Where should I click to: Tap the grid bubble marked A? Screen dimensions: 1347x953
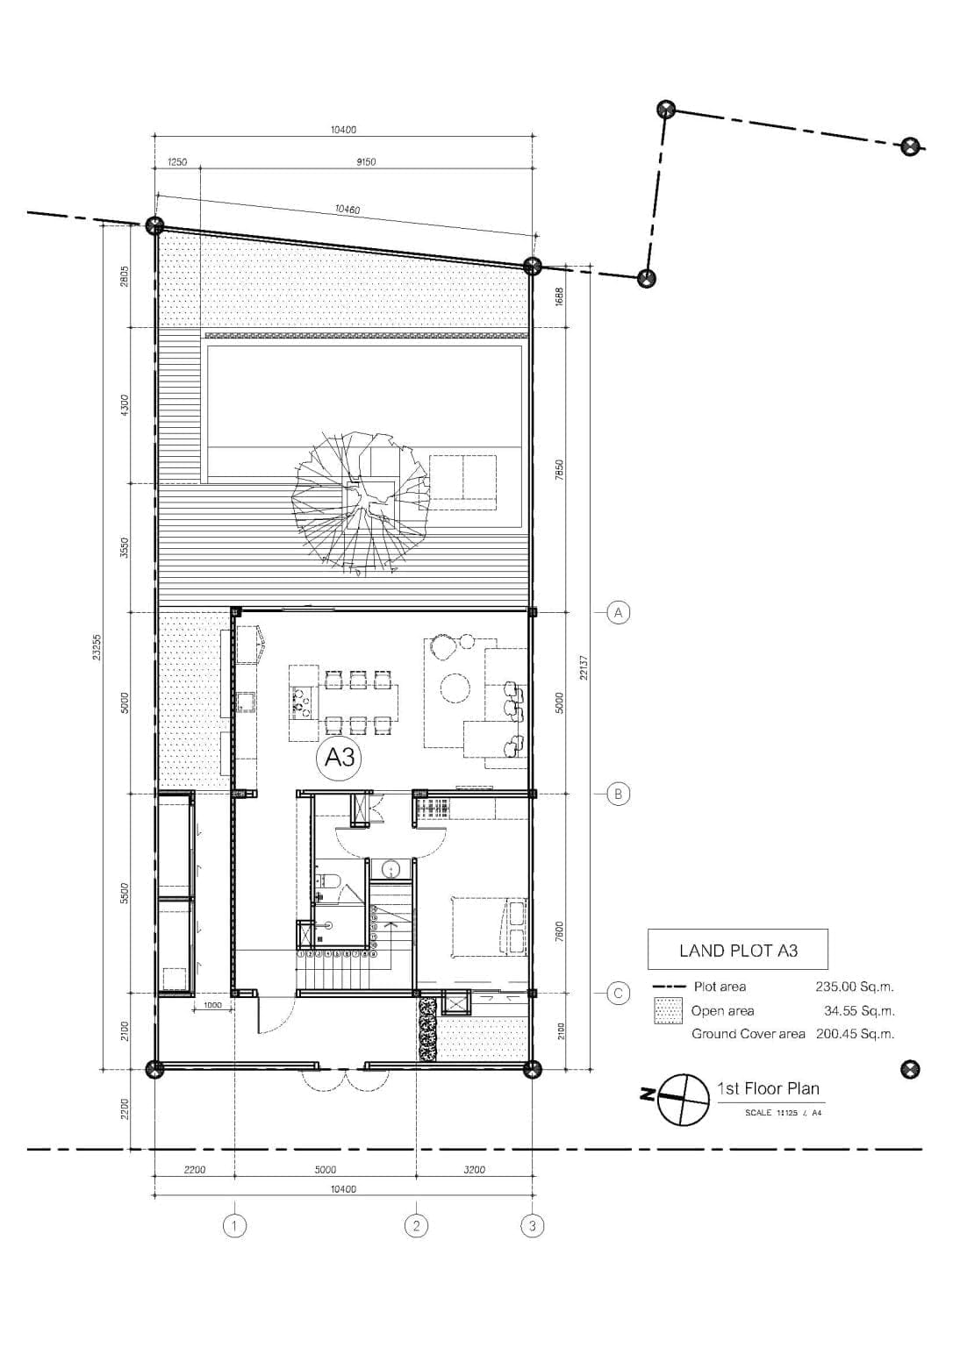click(618, 612)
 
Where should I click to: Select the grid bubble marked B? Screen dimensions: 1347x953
click(618, 794)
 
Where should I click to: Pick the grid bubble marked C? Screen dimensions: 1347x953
click(618, 993)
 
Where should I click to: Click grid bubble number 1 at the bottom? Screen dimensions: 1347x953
click(234, 1225)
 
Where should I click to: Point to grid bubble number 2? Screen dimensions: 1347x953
click(416, 1225)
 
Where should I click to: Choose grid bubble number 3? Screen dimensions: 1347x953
click(532, 1225)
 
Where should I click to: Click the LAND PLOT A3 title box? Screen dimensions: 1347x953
click(737, 950)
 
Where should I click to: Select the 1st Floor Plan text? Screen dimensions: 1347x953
click(768, 1089)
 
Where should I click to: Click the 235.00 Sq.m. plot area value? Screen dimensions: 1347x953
click(854, 987)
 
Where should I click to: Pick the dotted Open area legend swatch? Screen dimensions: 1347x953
click(669, 1011)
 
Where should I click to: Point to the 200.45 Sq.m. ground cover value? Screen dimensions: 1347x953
click(855, 1034)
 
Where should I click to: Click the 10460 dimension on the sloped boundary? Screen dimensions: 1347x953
click(347, 209)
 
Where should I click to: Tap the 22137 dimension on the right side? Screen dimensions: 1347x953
click(584, 666)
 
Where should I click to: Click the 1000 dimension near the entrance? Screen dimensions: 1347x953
click(212, 1005)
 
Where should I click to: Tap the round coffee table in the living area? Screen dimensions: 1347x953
click(455, 686)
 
